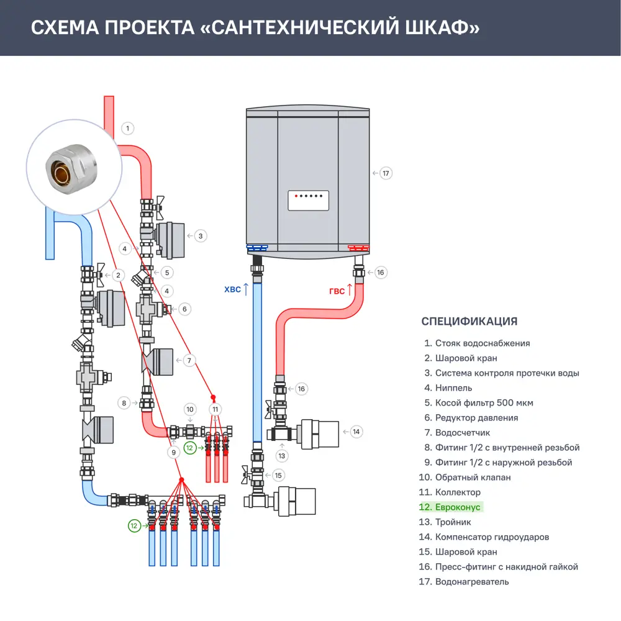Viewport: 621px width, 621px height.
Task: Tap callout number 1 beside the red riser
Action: (127, 129)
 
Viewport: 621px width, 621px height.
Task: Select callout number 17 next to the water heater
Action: (386, 173)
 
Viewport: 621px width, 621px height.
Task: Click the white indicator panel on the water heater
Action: (307, 201)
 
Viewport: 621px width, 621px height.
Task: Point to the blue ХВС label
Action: (231, 289)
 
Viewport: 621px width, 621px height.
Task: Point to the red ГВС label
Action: (337, 291)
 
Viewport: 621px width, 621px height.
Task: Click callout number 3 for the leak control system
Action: (200, 236)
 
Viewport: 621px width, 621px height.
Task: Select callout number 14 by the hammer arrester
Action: (355, 431)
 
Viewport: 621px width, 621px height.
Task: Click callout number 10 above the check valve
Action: (191, 409)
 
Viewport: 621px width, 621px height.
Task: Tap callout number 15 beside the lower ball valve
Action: (278, 476)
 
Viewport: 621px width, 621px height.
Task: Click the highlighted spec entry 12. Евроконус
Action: (450, 507)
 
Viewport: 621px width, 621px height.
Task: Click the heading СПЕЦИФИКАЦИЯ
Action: (469, 321)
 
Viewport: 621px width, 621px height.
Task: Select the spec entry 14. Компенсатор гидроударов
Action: (484, 537)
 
